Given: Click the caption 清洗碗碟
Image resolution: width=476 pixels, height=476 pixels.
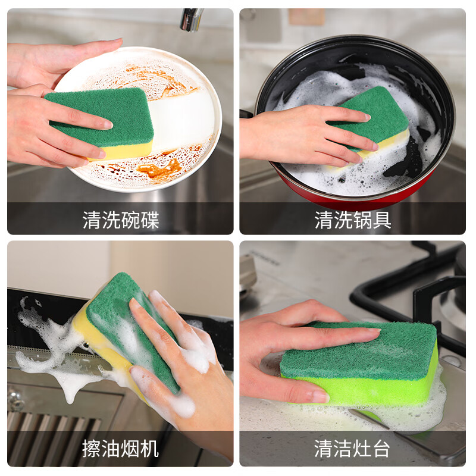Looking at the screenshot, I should pos(121,220).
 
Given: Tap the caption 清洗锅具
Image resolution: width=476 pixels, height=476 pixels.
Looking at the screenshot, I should pos(353,220).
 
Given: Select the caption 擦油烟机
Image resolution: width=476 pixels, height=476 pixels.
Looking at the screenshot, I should pos(121,447).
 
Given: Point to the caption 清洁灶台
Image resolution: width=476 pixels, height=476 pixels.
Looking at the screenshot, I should pos(353,447).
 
